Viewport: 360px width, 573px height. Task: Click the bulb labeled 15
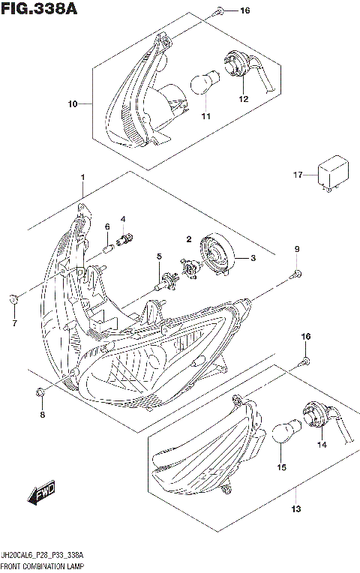(282, 434)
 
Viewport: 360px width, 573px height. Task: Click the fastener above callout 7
(14, 300)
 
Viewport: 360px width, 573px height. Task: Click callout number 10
(72, 103)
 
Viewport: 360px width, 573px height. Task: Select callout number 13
(296, 510)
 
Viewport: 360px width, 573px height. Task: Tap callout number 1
(82, 178)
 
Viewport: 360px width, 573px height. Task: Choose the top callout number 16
(244, 11)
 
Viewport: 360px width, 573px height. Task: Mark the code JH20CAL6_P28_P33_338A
(44, 555)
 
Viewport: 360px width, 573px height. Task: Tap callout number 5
(159, 257)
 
